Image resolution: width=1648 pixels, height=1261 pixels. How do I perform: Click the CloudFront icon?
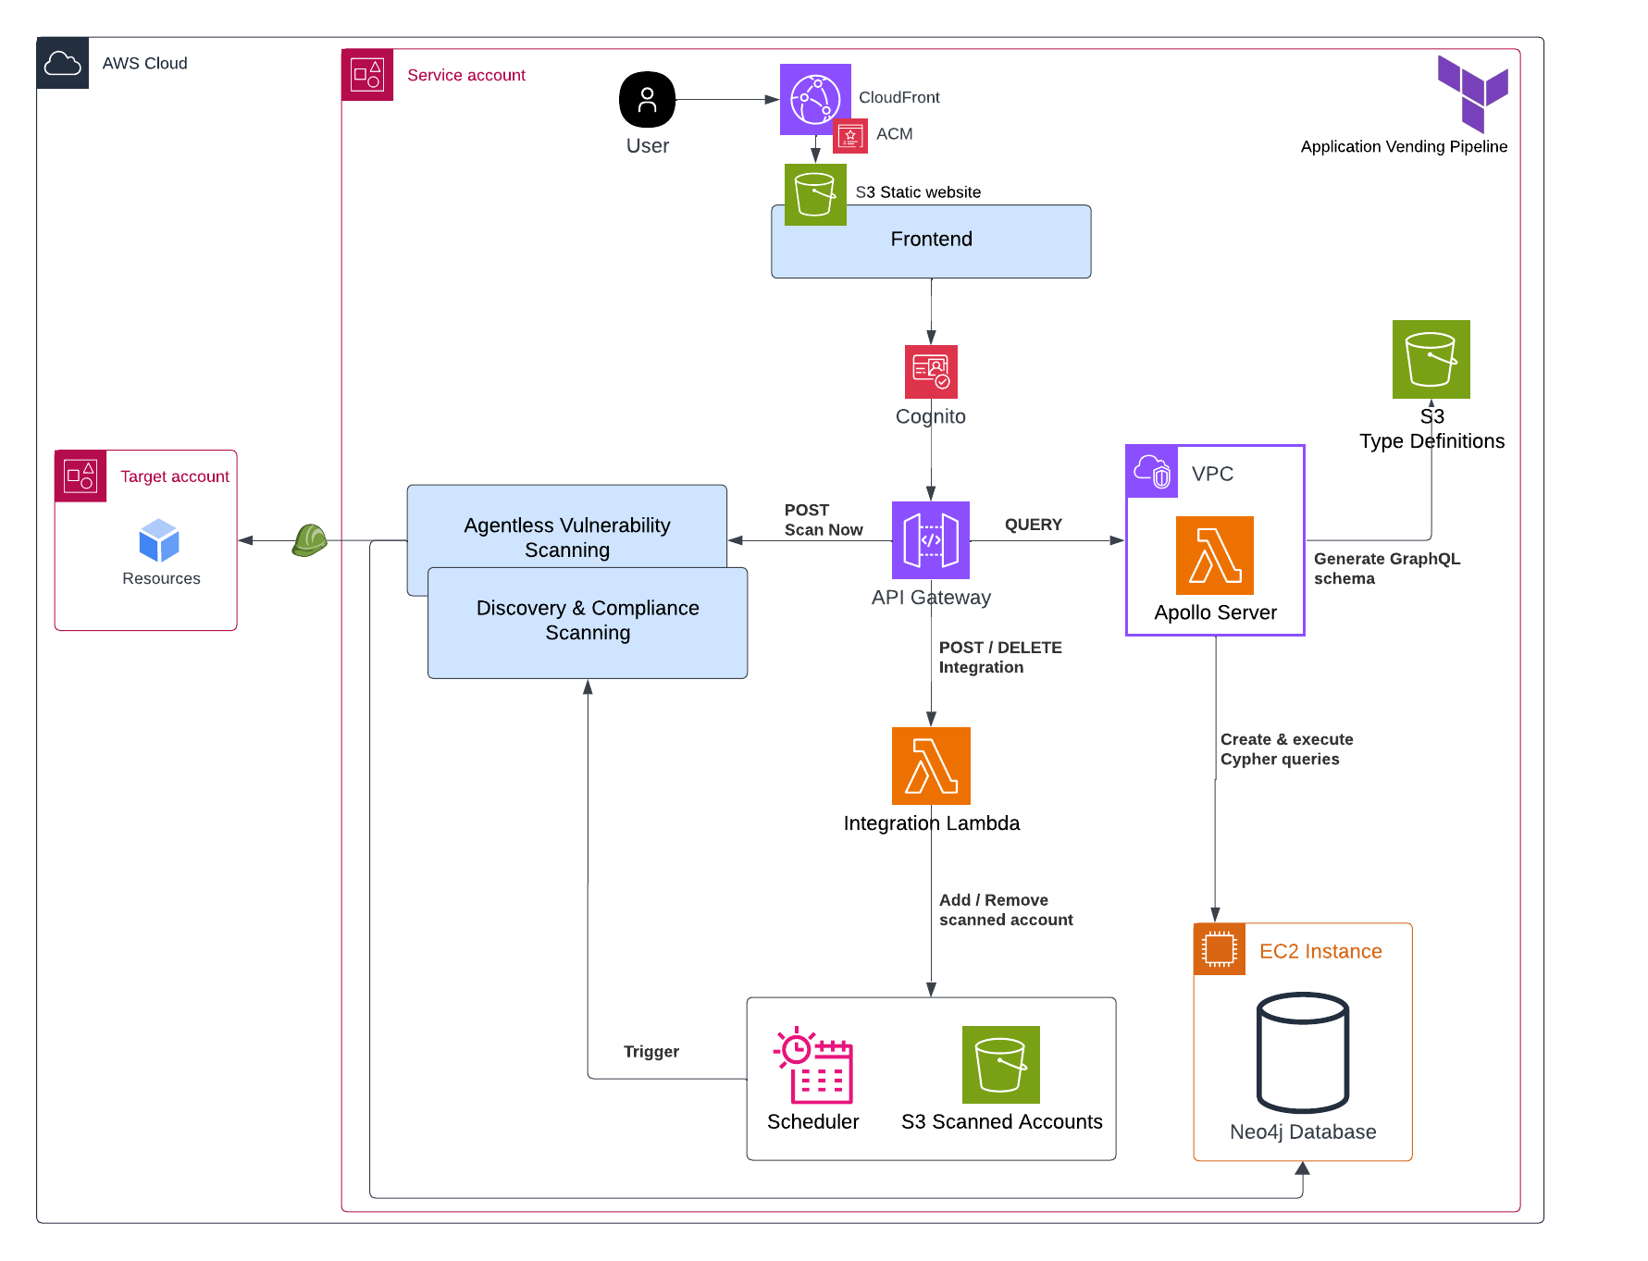tap(815, 99)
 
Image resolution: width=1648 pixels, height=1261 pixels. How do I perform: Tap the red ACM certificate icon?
tap(849, 136)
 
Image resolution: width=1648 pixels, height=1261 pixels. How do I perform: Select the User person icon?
tap(647, 100)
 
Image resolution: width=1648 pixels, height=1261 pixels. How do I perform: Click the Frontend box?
tap(931, 241)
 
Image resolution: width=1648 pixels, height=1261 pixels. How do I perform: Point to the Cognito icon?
tap(931, 371)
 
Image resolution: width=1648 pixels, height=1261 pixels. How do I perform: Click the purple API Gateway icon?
tap(930, 539)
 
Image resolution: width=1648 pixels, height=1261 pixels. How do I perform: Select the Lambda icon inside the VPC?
tap(1214, 555)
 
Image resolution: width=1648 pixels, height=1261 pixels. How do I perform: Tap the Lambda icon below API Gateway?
tap(931, 765)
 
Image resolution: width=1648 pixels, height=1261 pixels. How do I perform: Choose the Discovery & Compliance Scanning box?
tap(588, 622)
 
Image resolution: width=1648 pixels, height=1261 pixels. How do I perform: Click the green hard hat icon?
tap(310, 539)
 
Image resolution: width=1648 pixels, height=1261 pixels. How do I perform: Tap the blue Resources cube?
tap(159, 540)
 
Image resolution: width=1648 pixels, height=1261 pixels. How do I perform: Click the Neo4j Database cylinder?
tap(1302, 1052)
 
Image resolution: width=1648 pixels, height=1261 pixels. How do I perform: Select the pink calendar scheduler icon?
tap(814, 1066)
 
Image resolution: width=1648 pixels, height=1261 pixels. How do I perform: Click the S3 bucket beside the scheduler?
tap(1000, 1065)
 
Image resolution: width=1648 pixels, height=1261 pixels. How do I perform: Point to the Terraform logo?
tap(1472, 93)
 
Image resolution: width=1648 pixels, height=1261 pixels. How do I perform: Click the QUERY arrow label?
tap(1033, 525)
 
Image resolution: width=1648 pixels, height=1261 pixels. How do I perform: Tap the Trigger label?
tap(651, 1052)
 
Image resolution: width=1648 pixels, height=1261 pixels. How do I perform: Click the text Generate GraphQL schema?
tap(1385, 568)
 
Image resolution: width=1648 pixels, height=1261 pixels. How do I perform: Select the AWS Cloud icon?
tap(63, 63)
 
